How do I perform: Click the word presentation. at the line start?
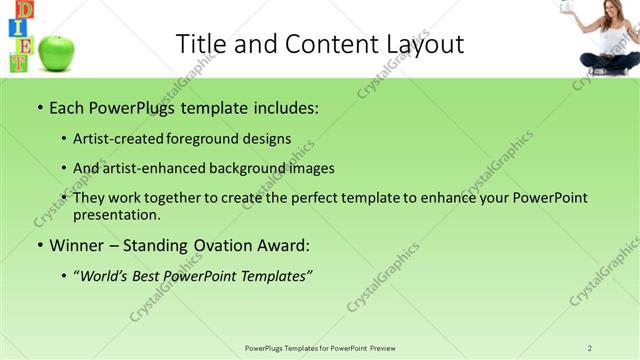116,214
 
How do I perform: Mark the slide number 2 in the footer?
590,348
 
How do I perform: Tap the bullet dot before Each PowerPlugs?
39,107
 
